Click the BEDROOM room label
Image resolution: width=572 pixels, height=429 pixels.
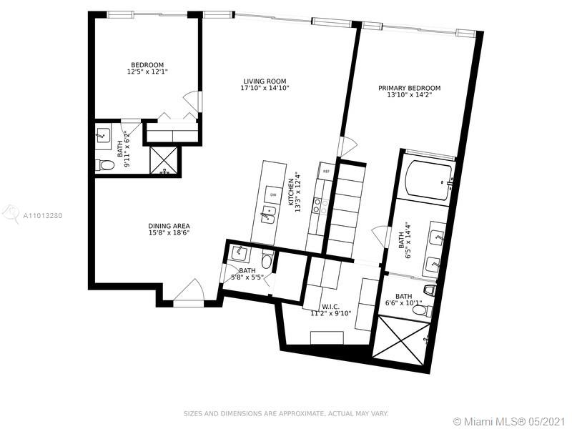(147, 65)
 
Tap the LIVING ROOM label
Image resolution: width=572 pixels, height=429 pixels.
(265, 82)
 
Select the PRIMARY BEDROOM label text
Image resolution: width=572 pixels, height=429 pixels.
(409, 88)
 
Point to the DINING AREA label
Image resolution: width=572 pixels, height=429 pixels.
(169, 226)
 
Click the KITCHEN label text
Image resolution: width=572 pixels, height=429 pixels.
(291, 192)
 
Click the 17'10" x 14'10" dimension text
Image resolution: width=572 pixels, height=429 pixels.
(265, 88)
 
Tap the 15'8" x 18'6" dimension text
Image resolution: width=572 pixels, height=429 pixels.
(169, 233)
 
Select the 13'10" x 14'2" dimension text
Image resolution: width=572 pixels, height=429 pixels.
(409, 95)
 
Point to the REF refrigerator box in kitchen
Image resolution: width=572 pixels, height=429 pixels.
(326, 171)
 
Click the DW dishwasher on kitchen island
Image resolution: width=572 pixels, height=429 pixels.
(273, 195)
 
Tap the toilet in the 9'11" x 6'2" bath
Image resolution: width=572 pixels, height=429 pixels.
(105, 165)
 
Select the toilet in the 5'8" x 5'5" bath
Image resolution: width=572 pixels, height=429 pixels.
(267, 260)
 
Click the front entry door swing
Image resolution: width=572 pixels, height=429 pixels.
(189, 291)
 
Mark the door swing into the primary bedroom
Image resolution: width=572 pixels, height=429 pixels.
(348, 146)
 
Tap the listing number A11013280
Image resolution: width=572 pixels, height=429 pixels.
(43, 216)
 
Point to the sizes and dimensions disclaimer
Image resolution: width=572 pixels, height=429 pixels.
(285, 414)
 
